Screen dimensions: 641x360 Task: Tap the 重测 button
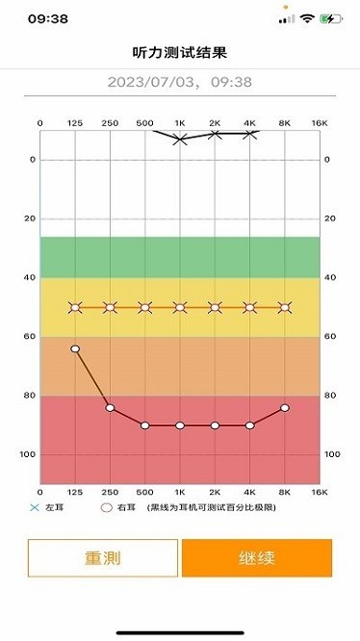103,557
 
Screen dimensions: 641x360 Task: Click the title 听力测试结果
179,52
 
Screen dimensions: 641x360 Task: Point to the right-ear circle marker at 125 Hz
75,348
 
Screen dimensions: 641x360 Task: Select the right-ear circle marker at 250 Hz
110,408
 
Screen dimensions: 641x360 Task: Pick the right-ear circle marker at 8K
285,408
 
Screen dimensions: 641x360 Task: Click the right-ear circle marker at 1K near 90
180,425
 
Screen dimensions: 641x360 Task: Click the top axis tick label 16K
320,123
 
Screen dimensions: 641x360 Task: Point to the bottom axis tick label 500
144,493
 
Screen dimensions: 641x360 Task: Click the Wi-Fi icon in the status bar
308,18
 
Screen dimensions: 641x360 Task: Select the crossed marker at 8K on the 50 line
285,308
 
